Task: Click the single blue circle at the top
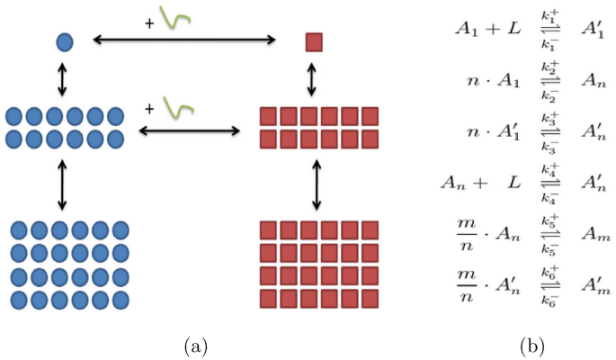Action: tap(64, 40)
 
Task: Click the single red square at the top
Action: tap(313, 42)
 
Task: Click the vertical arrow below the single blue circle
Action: tap(63, 80)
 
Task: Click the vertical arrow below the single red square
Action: tap(313, 79)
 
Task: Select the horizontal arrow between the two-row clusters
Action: tap(189, 130)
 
